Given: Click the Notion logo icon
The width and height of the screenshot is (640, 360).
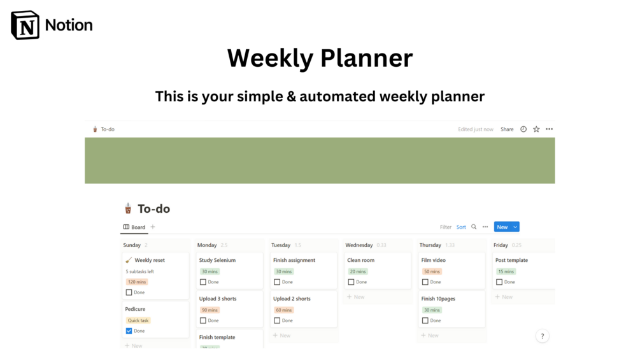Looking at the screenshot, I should [25, 25].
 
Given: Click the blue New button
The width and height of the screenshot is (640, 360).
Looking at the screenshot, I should [502, 227].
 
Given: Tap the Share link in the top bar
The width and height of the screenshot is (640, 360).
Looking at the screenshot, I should [507, 129].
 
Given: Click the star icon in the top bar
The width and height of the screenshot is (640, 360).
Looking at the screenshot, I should [536, 129].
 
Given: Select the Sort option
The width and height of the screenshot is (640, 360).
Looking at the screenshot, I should [461, 227].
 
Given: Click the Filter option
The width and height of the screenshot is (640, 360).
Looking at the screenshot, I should [446, 227].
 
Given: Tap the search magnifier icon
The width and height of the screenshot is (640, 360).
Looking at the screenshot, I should [474, 227].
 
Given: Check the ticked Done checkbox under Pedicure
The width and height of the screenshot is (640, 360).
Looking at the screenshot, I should [129, 331].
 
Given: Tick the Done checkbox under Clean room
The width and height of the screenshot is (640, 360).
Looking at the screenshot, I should [351, 282].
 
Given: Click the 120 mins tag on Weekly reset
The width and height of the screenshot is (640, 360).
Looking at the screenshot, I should [137, 282].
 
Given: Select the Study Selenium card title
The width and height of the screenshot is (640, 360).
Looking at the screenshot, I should [217, 260].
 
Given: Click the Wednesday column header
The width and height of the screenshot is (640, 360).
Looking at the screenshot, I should [359, 245].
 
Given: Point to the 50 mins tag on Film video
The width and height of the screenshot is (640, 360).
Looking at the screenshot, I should [432, 271].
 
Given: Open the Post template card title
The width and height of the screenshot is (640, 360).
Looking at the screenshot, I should [511, 260].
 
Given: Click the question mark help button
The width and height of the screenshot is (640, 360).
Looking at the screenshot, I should [543, 336].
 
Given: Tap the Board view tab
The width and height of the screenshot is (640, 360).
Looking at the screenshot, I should [134, 227].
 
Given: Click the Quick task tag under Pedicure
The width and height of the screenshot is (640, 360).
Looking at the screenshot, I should [138, 320].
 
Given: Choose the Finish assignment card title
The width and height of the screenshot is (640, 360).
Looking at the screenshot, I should [294, 260].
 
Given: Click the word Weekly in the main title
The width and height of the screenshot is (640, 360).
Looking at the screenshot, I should [270, 59].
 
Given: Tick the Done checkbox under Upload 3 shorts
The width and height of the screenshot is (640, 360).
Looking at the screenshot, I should [203, 320].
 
